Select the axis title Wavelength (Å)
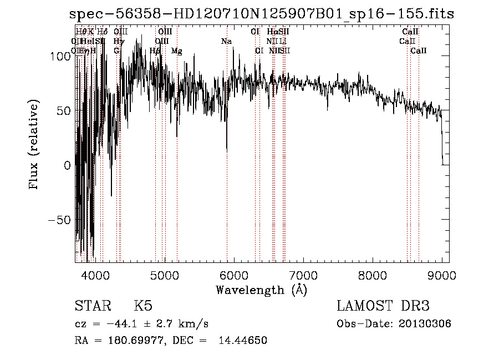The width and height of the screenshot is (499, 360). (x=261, y=290)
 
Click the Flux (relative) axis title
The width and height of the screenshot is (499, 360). (x=34, y=146)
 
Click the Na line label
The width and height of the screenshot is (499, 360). (x=226, y=42)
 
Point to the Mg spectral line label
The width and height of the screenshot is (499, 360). (x=176, y=51)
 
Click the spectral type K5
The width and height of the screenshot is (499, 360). (x=143, y=306)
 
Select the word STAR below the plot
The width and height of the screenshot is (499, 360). (x=90, y=306)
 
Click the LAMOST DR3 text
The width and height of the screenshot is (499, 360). (x=383, y=306)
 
